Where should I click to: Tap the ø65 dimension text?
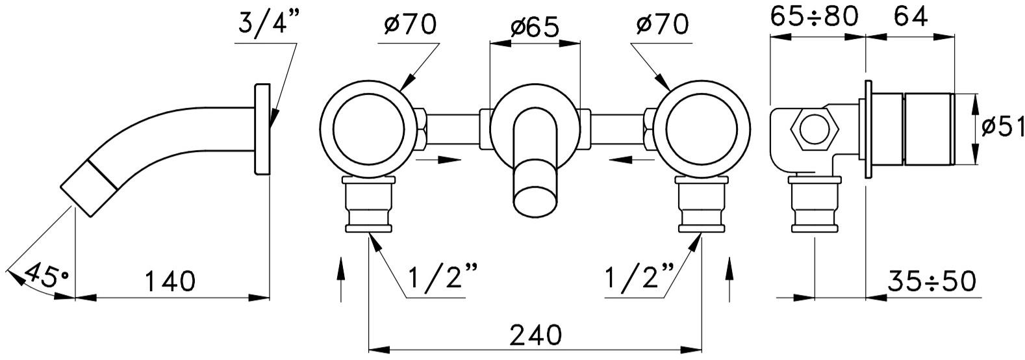(534, 28)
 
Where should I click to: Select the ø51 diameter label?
(1002, 127)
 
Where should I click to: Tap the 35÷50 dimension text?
(933, 282)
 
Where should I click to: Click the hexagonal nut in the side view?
(813, 129)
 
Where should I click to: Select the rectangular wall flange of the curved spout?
(262, 129)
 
